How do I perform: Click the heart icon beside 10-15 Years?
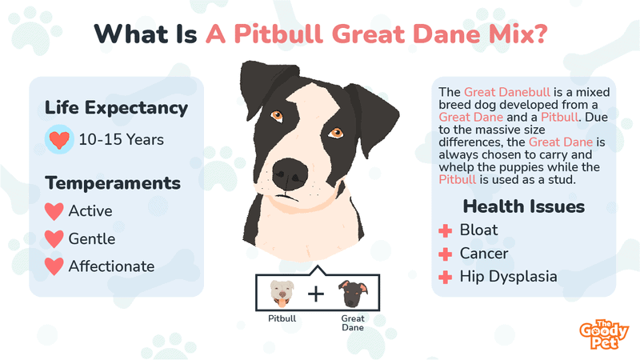tap(59, 139)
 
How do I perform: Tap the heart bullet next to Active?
tap(54, 211)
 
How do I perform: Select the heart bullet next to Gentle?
tap(54, 238)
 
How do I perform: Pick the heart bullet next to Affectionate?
tap(54, 266)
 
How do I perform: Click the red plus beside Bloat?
tap(446, 230)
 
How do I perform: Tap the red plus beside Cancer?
tap(446, 254)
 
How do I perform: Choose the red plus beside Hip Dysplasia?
tap(446, 278)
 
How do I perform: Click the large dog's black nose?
tap(290, 174)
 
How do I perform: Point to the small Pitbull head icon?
tap(282, 294)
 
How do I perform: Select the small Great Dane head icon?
tap(353, 294)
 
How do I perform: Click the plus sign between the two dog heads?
tap(316, 294)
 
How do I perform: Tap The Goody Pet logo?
tap(604, 334)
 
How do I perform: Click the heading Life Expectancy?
tap(116, 108)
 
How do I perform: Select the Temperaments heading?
tap(113, 183)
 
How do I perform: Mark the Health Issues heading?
tap(524, 206)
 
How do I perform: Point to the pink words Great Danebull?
tap(507, 92)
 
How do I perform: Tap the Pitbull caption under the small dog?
tap(282, 318)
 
